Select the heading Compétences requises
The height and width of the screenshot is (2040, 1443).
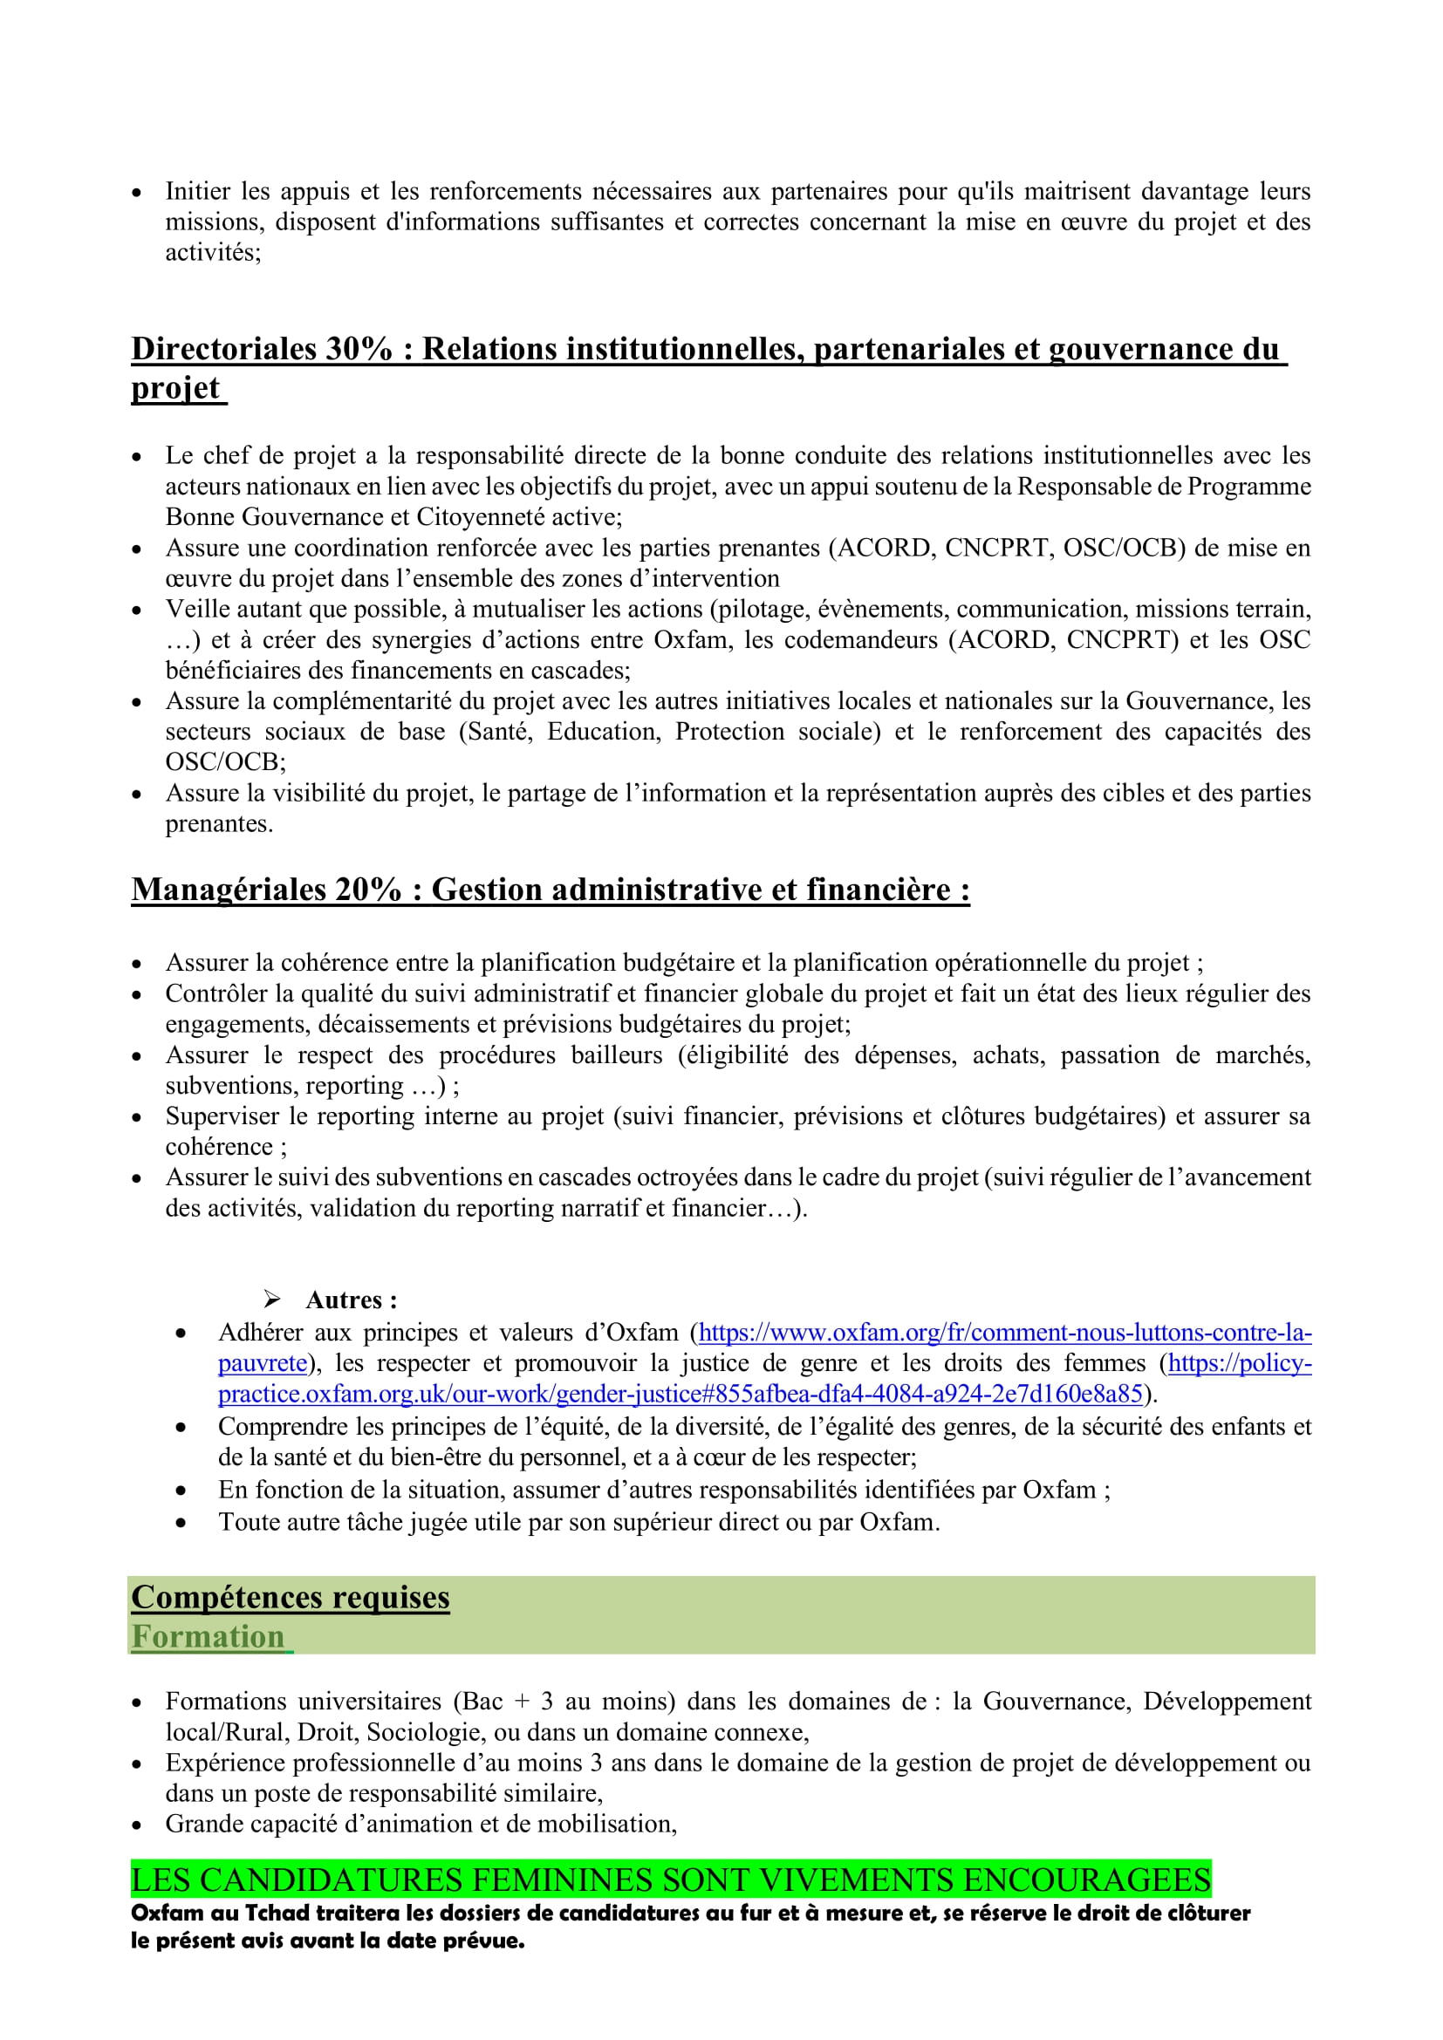[x=291, y=1598]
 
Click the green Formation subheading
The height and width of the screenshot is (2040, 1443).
[x=208, y=1636]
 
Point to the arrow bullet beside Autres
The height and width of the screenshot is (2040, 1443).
[x=272, y=1300]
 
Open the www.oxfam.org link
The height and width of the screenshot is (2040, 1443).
[x=1005, y=1333]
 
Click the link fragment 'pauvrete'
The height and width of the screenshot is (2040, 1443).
[x=262, y=1363]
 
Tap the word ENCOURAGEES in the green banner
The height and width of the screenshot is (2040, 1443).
[x=1087, y=1880]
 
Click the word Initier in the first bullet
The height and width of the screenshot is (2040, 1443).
[x=197, y=191]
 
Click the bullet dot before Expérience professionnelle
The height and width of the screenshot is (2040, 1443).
[x=137, y=1764]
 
